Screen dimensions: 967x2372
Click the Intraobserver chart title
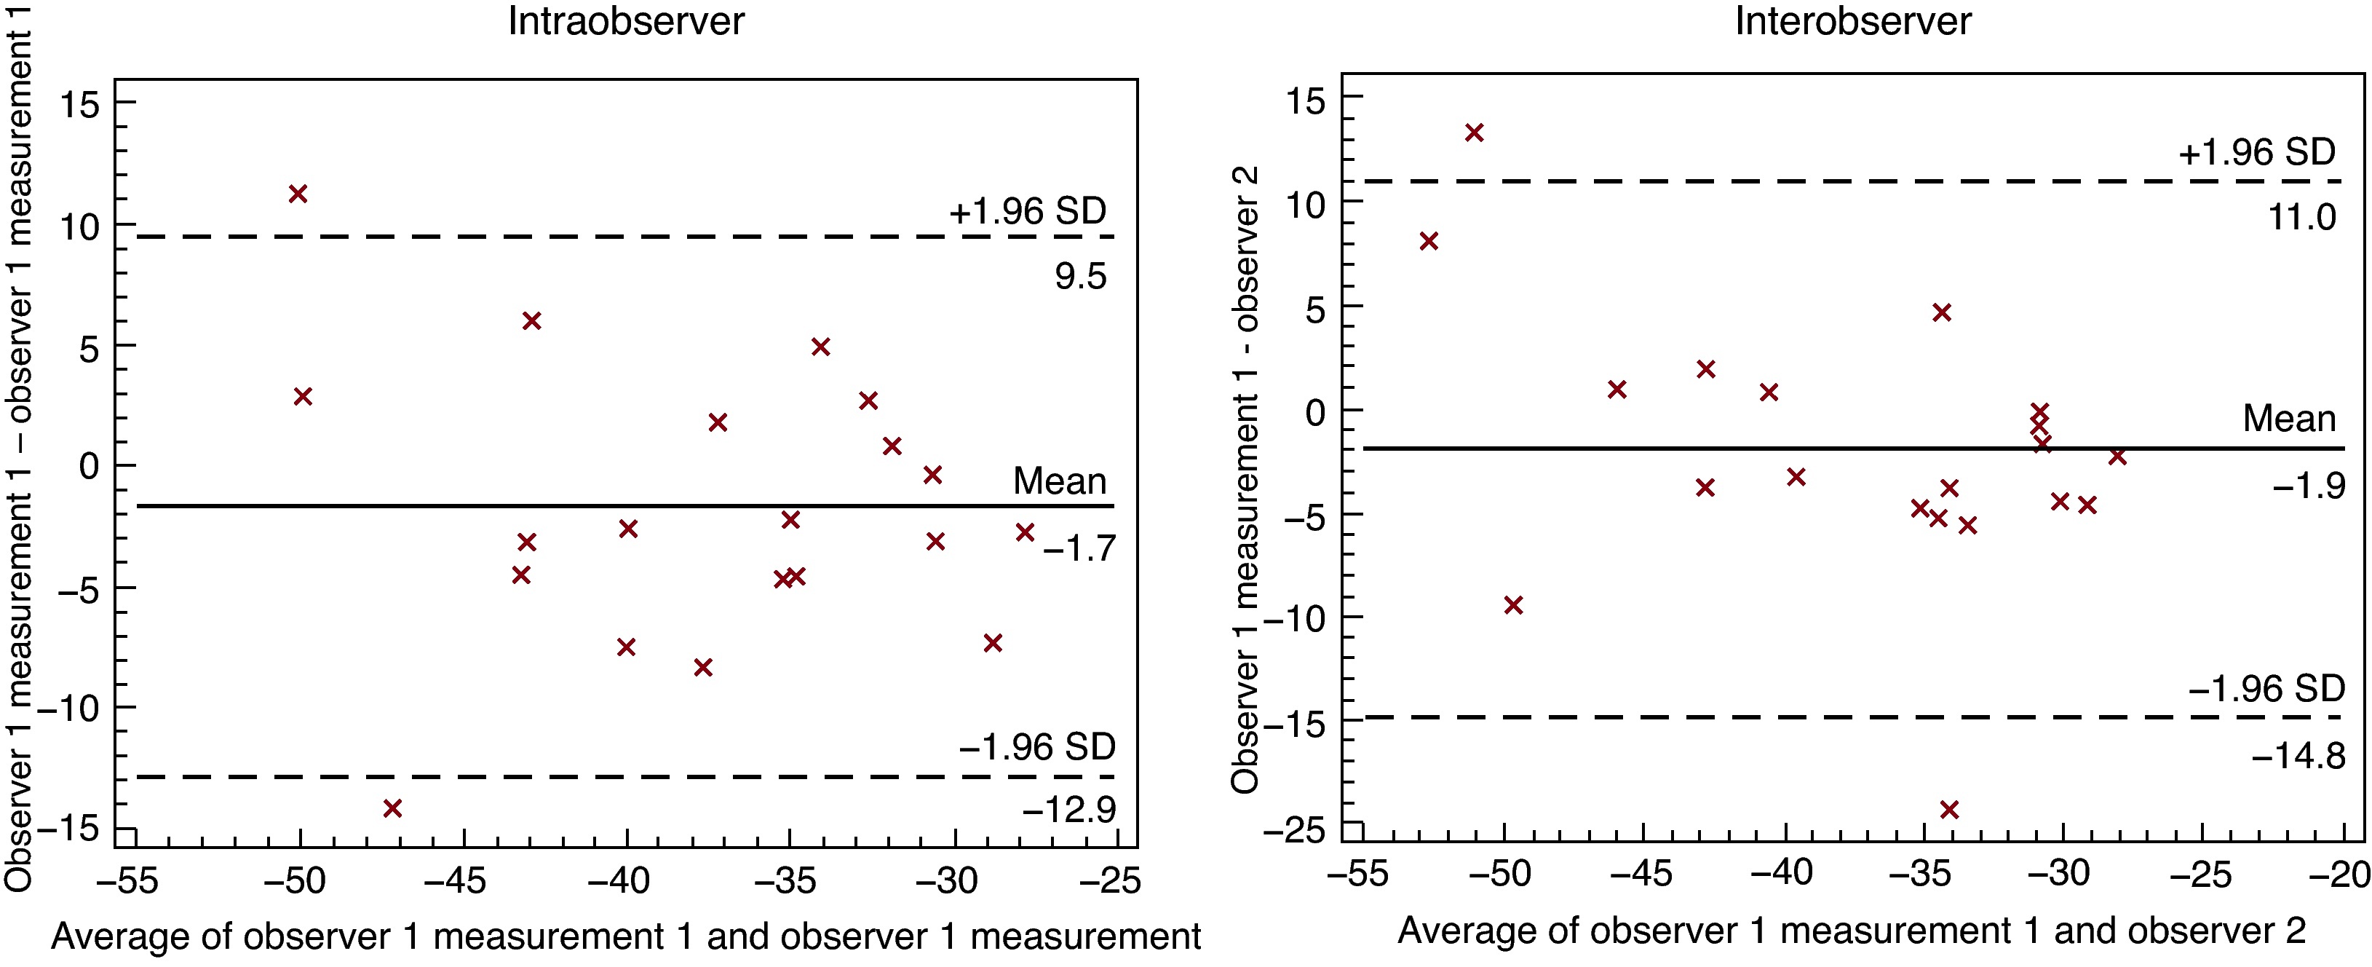(x=626, y=21)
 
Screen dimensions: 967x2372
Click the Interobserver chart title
(x=1852, y=21)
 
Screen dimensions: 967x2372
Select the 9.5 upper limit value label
(x=1080, y=276)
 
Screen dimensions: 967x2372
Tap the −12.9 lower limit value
(x=1068, y=810)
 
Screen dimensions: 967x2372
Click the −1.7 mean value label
(x=1078, y=550)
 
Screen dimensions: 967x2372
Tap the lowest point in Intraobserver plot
(x=392, y=808)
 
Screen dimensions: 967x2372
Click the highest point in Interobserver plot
(x=1474, y=133)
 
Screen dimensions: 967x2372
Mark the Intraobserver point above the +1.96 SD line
(x=298, y=194)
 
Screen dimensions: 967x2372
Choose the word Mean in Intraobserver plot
(x=1059, y=481)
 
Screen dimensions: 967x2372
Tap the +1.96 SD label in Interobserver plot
(x=2257, y=153)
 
